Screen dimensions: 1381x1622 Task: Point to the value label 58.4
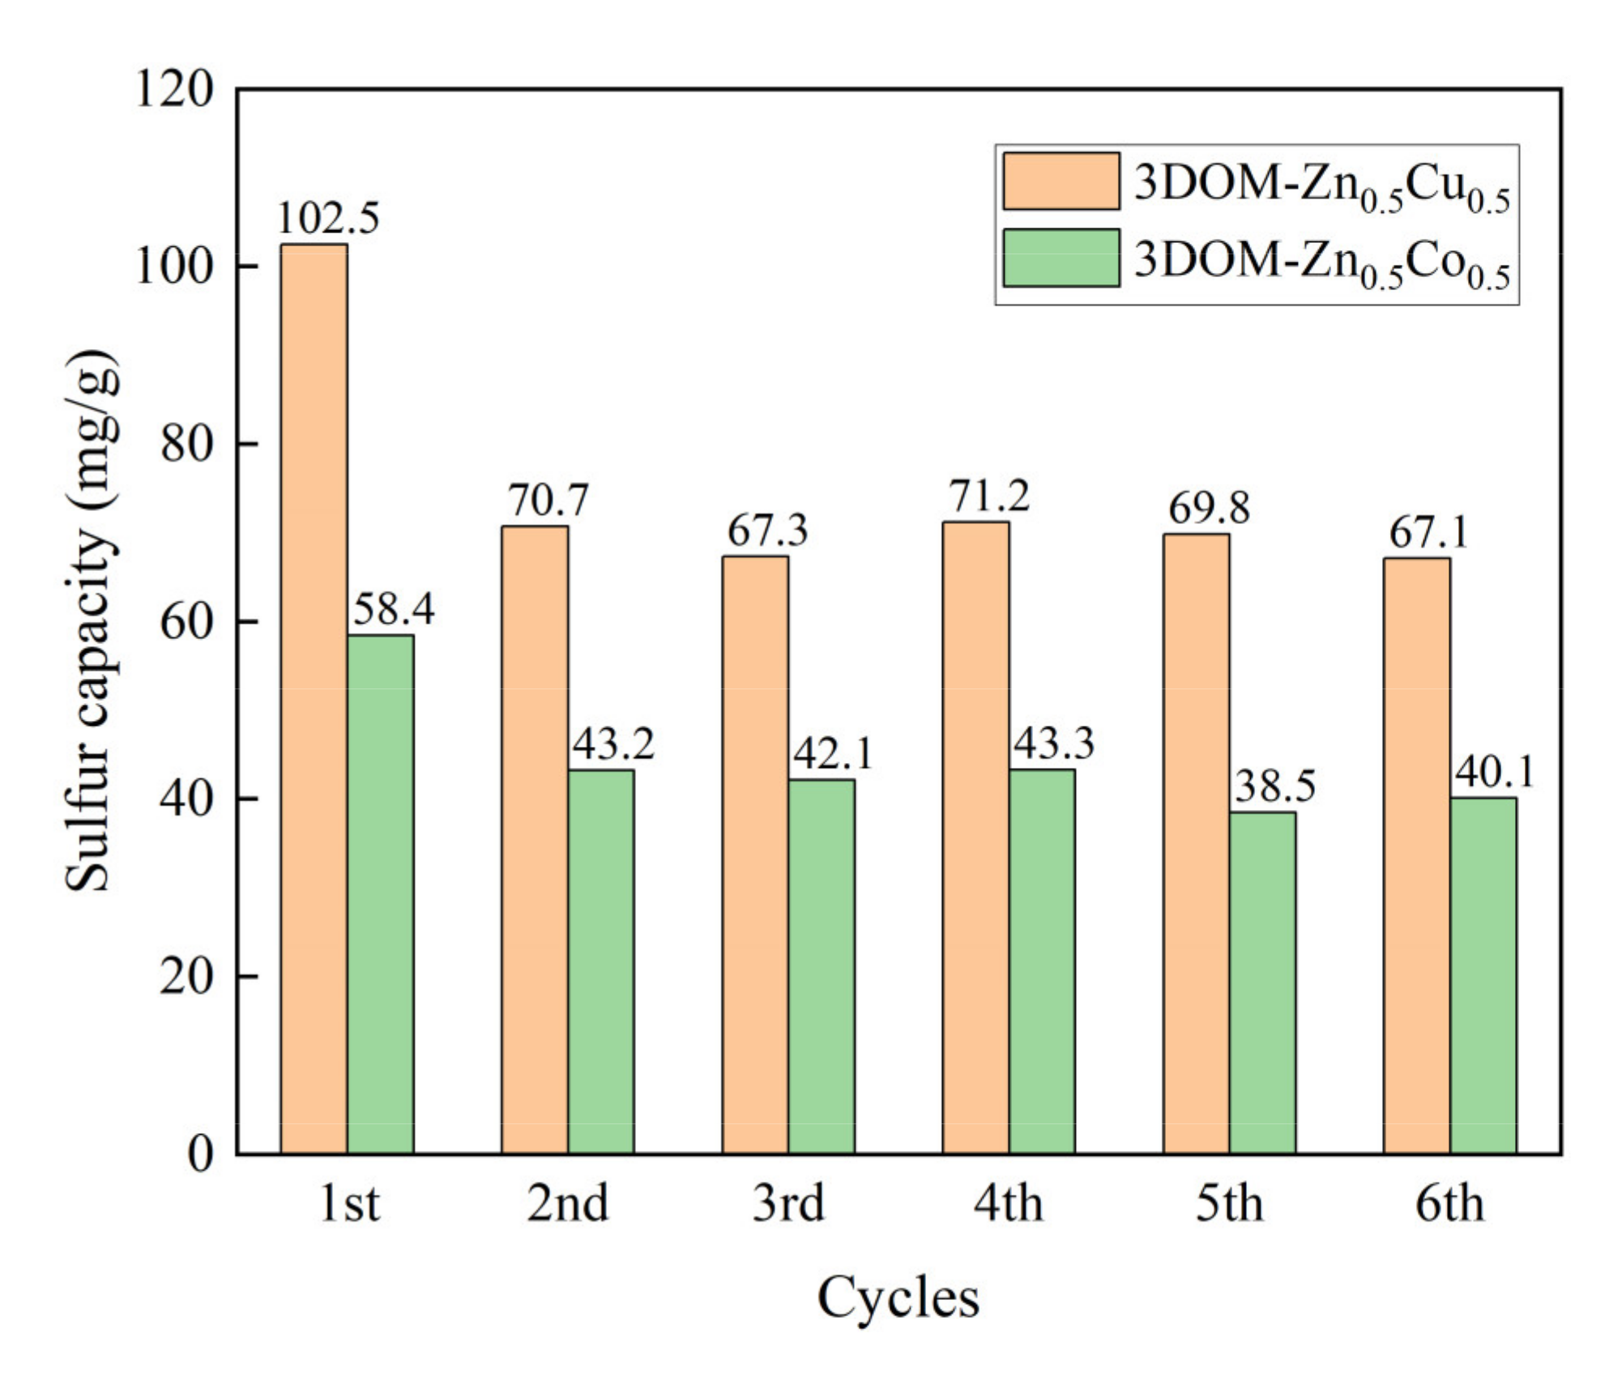coord(394,609)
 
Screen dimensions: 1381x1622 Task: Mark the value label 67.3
coord(767,531)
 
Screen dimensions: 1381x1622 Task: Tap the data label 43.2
coord(613,744)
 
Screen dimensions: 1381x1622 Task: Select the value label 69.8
coord(1209,509)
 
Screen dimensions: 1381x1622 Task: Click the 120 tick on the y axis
coord(174,89)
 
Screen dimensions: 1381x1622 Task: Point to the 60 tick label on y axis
coord(186,621)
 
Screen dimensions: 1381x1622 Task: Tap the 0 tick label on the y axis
coord(200,1153)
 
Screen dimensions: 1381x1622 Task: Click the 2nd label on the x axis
coord(567,1204)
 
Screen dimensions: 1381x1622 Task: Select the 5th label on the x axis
coord(1229,1204)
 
